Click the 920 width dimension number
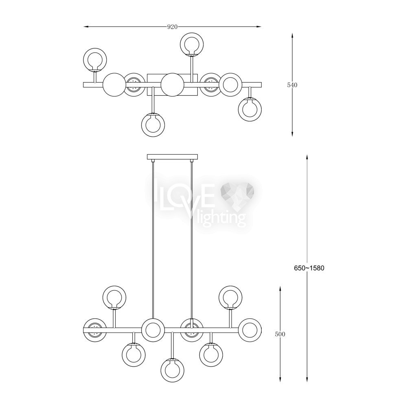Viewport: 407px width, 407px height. [172, 27]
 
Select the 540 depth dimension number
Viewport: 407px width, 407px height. [292, 85]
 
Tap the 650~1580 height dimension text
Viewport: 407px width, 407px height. [309, 268]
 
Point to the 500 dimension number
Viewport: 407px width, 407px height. [280, 334]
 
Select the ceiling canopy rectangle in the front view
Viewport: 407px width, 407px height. [172, 157]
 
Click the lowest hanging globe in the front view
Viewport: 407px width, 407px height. [172, 370]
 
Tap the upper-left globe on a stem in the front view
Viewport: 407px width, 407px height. [114, 298]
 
